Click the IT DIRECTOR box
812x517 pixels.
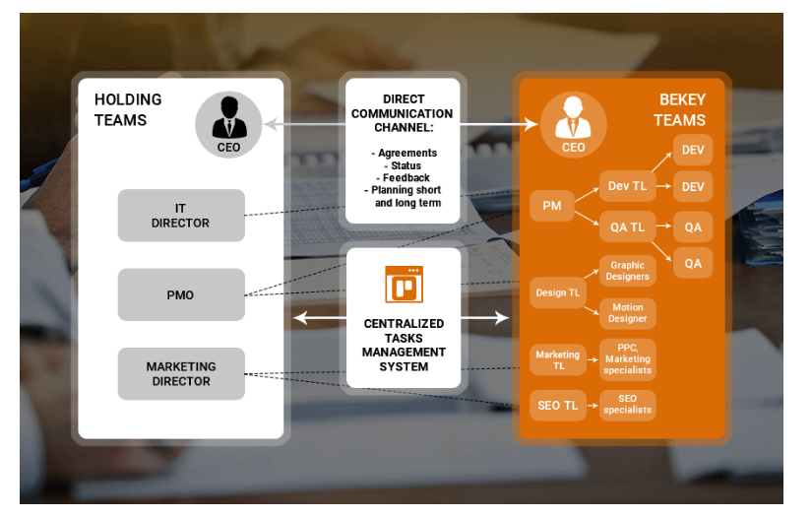coord(180,216)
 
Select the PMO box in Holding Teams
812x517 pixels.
coord(180,294)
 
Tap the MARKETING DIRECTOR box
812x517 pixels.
coord(180,373)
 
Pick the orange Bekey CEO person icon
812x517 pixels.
coord(573,122)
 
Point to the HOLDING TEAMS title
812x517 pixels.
coord(128,110)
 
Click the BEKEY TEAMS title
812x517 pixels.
coord(679,110)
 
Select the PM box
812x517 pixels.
coord(551,206)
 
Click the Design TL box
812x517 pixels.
coord(557,292)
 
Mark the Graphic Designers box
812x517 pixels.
coord(627,271)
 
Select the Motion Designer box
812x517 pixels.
coord(627,313)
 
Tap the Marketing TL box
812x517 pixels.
coord(557,359)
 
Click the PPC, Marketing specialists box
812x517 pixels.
coord(627,359)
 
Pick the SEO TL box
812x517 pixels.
coord(557,405)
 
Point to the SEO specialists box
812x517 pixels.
coord(627,405)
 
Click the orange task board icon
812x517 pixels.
coord(404,285)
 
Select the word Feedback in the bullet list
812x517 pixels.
coord(405,178)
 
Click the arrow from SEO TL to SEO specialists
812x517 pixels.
coord(592,405)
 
